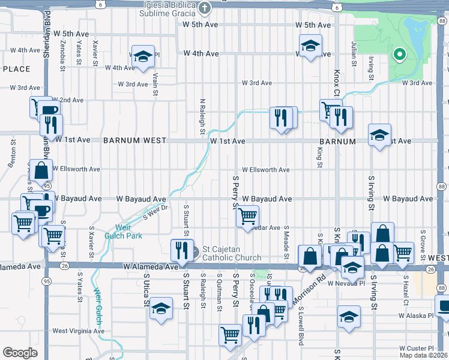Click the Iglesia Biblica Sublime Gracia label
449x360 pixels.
170,8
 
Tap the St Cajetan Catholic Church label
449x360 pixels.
232,253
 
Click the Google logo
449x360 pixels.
20,353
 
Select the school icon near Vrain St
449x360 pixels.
143,57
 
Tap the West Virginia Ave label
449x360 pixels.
78,331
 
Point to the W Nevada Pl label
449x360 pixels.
345,283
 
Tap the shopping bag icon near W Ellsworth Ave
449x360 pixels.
42,171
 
